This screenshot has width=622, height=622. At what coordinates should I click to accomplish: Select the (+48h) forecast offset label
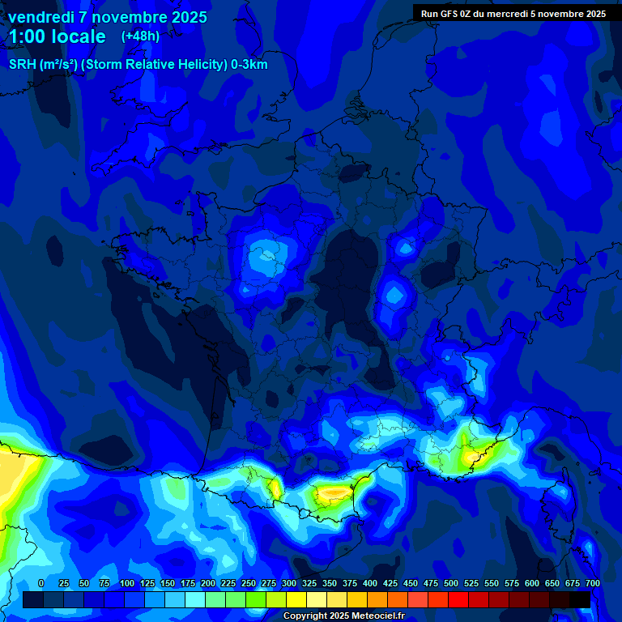click(x=140, y=36)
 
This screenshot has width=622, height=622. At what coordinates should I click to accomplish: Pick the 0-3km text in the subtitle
click(x=249, y=65)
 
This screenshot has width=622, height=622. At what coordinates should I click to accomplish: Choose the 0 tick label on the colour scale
click(x=41, y=583)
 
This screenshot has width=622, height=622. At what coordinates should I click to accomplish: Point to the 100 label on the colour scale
click(x=126, y=583)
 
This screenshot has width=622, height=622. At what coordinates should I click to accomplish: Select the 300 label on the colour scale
click(x=289, y=583)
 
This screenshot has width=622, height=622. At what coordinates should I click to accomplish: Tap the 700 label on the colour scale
click(x=593, y=583)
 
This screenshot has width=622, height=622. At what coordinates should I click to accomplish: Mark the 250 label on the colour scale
click(x=249, y=583)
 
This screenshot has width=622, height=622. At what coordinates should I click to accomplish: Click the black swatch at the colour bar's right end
click(x=580, y=599)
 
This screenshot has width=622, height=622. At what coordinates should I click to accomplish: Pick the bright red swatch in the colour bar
click(x=458, y=599)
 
